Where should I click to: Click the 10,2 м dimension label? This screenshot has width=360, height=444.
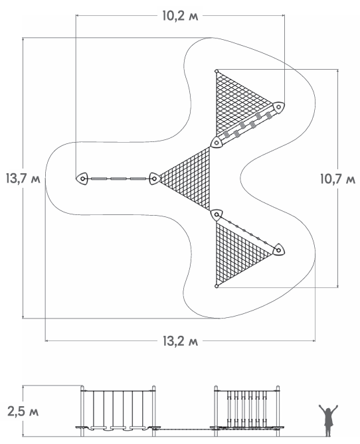point(180,16)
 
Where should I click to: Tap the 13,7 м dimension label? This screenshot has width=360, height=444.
point(23,179)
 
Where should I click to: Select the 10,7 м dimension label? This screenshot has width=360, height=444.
point(337,179)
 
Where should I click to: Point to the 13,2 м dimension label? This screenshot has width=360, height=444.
point(180,341)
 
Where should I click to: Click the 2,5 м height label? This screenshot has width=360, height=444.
point(23,411)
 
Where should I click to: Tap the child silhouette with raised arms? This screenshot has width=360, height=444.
point(328,420)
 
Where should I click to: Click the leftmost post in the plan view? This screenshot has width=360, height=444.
point(82,179)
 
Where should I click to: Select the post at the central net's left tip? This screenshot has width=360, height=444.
point(154,179)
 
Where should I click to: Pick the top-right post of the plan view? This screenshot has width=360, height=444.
point(278,107)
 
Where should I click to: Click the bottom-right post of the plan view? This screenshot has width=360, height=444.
point(278,250)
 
